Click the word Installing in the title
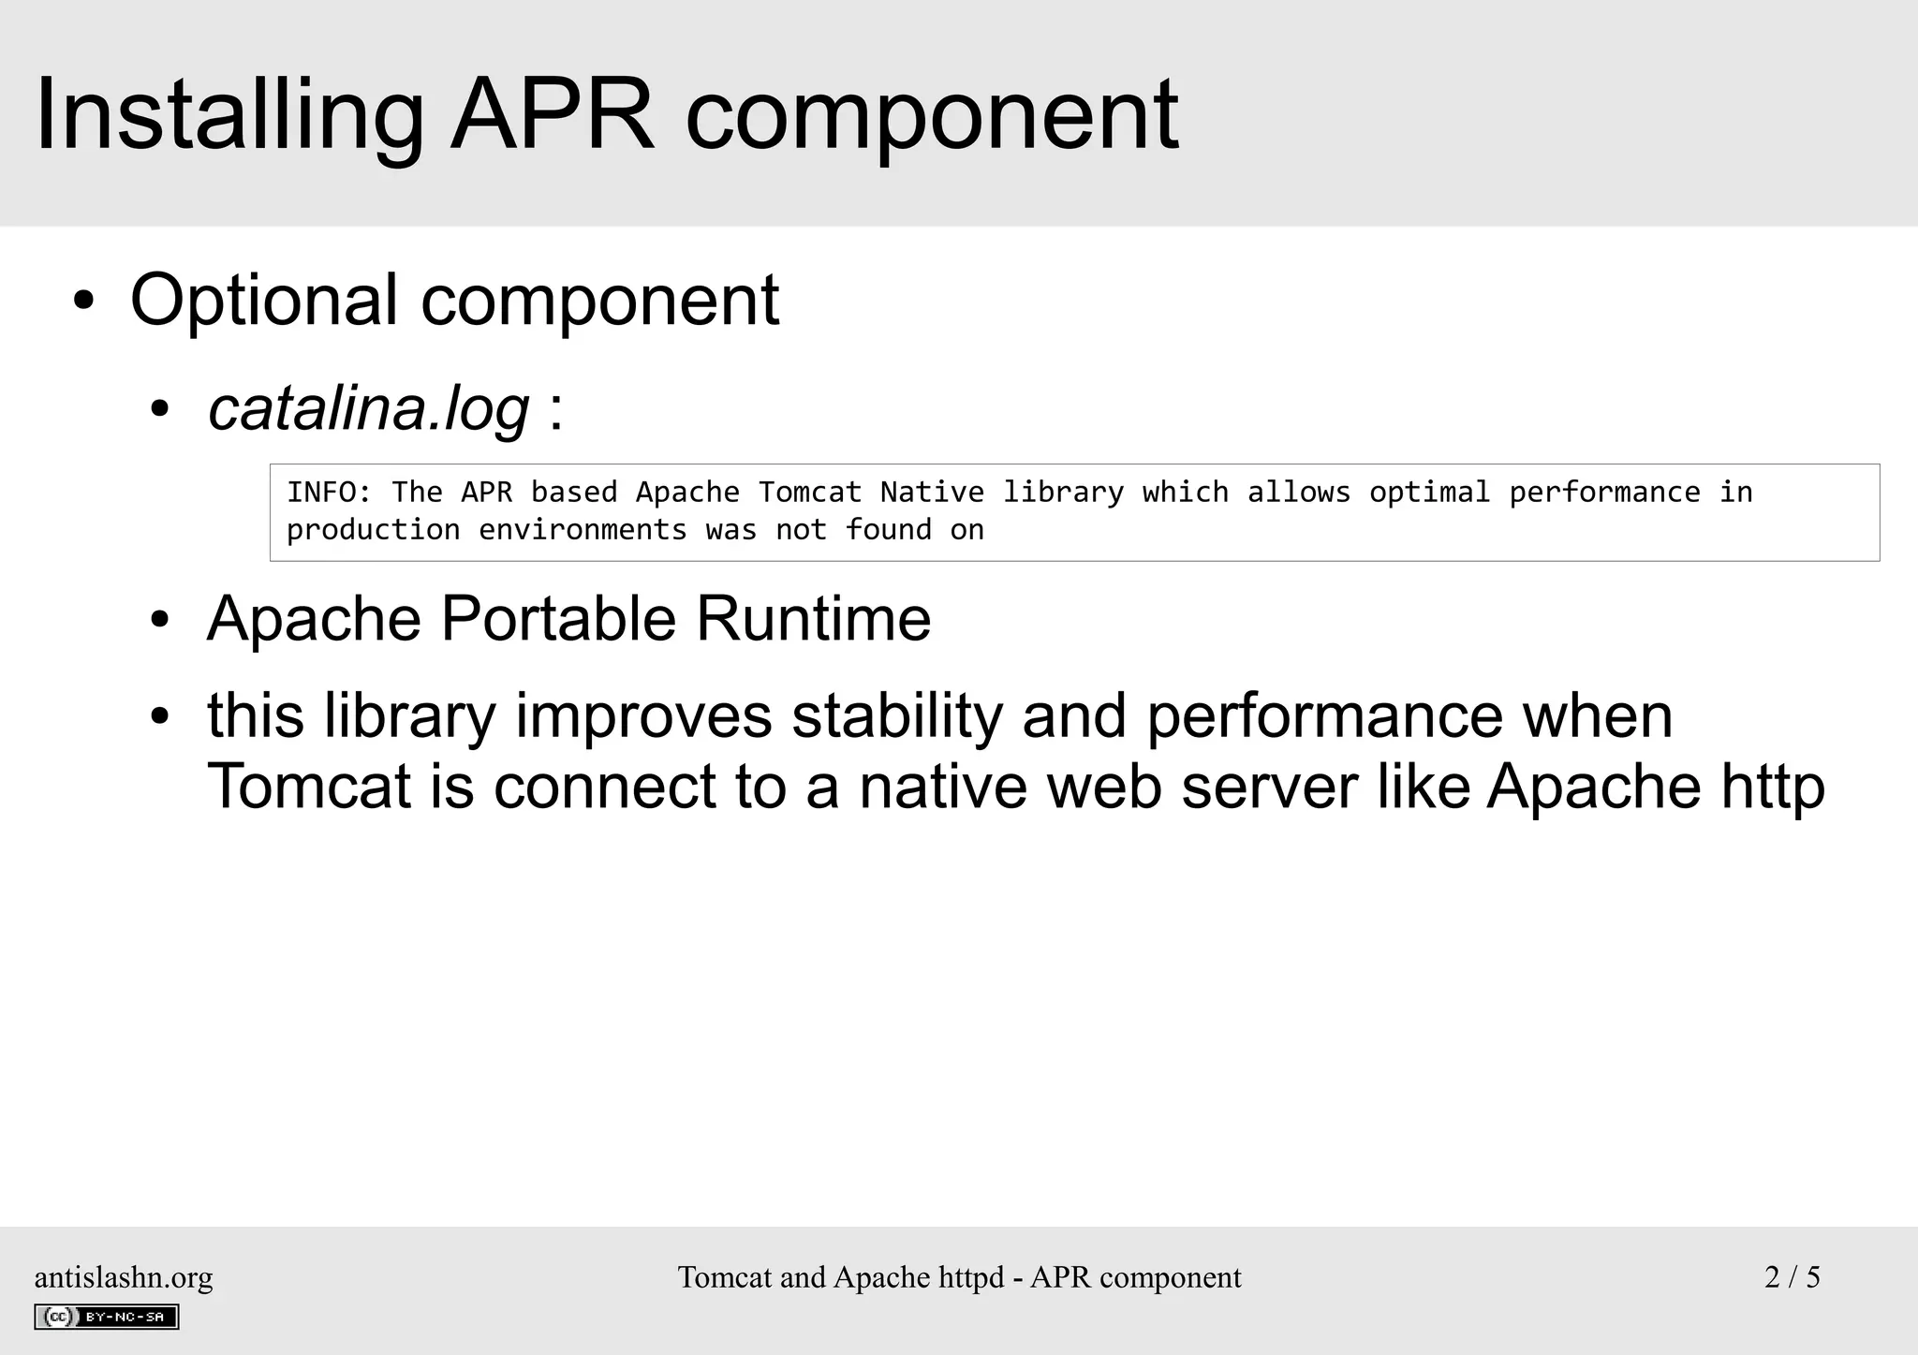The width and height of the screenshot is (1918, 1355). click(229, 116)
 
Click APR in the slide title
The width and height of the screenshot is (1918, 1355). click(552, 116)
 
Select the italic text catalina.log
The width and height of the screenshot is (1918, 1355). click(368, 409)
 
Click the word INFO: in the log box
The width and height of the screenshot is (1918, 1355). click(329, 493)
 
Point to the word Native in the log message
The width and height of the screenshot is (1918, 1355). click(931, 493)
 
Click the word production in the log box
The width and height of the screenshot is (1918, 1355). click(373, 530)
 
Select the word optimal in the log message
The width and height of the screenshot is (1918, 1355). click(1428, 493)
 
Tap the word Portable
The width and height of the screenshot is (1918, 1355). click(557, 619)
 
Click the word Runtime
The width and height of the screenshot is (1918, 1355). click(813, 619)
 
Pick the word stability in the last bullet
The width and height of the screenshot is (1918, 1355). click(896, 715)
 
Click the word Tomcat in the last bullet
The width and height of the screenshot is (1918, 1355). click(308, 786)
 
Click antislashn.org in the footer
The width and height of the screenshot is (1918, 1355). click(124, 1277)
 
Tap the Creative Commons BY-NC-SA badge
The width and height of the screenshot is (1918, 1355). click(107, 1317)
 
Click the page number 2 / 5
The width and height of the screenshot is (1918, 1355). click(1792, 1277)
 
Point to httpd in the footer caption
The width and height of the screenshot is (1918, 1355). click(970, 1277)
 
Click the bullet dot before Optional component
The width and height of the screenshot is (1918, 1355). click(84, 302)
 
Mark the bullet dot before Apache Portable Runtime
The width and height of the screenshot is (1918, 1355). click(160, 620)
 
